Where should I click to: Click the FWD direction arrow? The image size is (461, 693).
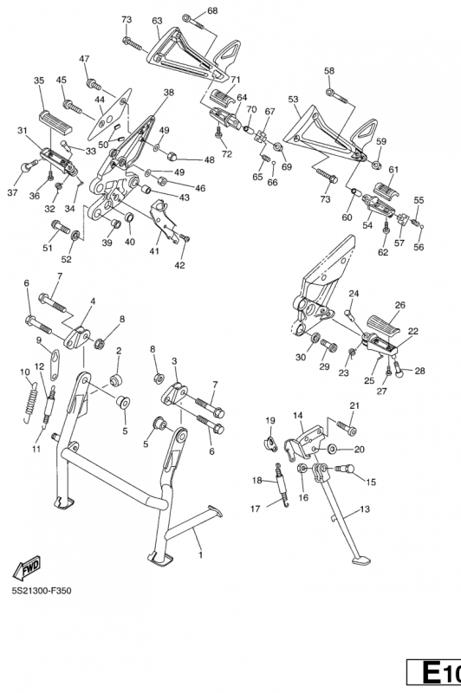point(27,568)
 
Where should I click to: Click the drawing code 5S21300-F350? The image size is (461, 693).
point(42,591)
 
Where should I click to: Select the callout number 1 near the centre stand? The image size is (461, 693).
point(201,554)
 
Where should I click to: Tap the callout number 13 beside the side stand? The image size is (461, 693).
point(364,509)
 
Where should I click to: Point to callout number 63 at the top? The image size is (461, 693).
point(157,21)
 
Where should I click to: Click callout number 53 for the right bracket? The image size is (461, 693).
point(293,100)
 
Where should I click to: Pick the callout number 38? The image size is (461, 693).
point(168,93)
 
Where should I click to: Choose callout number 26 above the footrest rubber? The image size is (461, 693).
point(400,305)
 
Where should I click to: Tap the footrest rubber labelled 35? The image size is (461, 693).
point(56,123)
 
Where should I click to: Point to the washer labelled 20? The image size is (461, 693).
point(332,450)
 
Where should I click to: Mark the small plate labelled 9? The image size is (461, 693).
point(55,365)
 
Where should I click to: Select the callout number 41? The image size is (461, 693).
point(154,251)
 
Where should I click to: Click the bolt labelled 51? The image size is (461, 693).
point(61,227)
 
